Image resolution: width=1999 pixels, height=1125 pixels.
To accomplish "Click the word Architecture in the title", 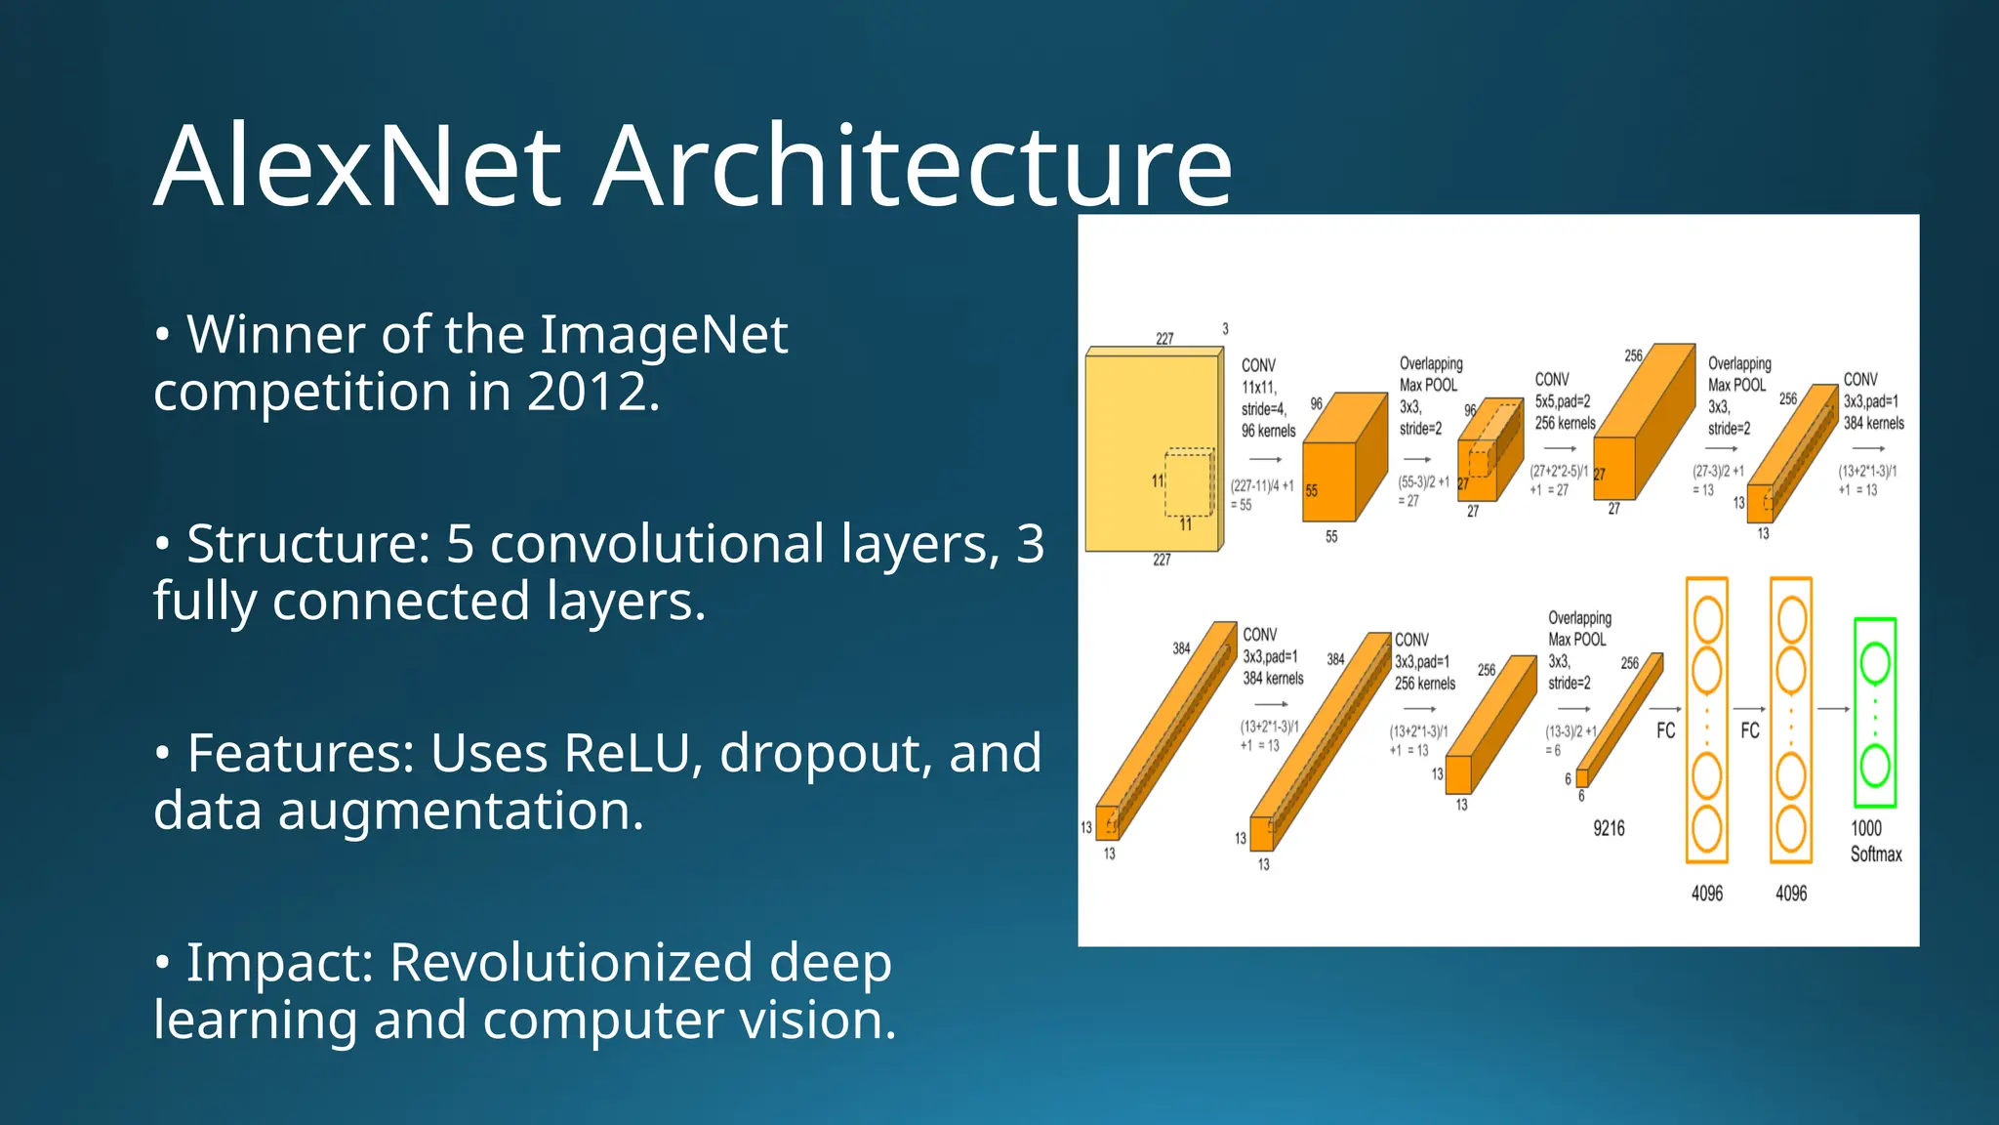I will (913, 166).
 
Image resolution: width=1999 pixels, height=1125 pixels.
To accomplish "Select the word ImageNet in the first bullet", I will (664, 335).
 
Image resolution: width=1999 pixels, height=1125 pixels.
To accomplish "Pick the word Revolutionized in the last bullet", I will (571, 963).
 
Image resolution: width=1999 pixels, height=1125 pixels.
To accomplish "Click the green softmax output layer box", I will (1874, 713).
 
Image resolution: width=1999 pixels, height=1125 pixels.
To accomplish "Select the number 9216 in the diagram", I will (1609, 829).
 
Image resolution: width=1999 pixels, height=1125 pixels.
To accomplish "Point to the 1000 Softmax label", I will (1875, 841).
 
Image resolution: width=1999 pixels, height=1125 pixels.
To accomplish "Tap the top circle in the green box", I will (1874, 663).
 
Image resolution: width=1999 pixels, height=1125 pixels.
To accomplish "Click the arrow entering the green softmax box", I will (1833, 709).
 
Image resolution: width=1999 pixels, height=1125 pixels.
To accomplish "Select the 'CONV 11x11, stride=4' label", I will (1267, 397).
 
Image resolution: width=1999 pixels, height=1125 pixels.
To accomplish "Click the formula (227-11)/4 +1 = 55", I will (1261, 494).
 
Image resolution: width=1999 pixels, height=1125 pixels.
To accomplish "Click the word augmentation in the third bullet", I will (461, 812).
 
